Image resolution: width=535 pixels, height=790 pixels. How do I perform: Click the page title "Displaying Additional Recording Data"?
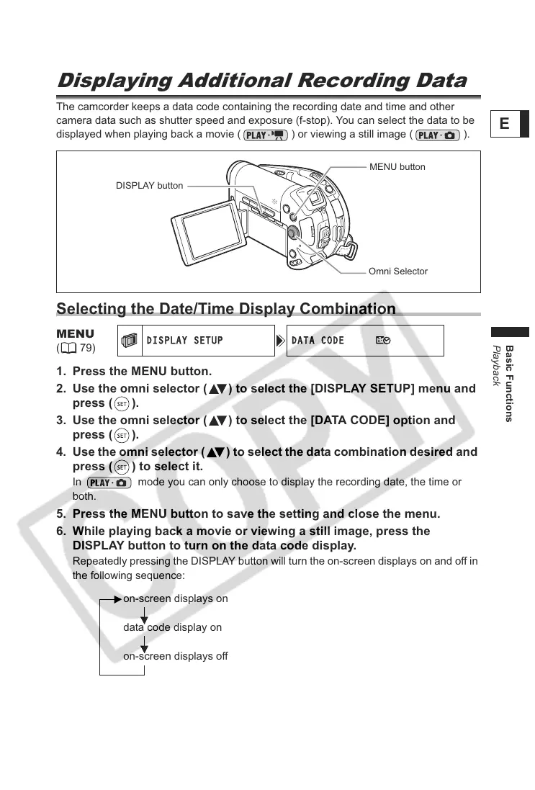(x=261, y=81)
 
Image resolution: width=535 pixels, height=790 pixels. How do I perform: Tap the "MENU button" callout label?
(x=397, y=167)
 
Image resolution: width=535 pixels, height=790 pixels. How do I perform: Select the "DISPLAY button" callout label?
(x=149, y=186)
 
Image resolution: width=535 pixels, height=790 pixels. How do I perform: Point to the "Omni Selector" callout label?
(x=397, y=271)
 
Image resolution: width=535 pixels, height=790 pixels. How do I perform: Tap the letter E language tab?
(x=504, y=124)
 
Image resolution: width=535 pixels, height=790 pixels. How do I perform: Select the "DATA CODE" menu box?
(x=365, y=341)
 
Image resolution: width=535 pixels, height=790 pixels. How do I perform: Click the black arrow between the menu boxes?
(x=280, y=341)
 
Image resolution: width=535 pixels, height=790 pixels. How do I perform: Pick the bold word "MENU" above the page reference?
(x=75, y=334)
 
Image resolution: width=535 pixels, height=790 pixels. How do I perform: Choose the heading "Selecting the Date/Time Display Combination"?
(x=226, y=309)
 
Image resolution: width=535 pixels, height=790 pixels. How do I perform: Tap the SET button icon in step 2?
(x=122, y=403)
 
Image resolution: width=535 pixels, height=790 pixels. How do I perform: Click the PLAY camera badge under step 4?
(x=109, y=482)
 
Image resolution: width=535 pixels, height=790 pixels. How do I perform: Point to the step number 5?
(x=61, y=514)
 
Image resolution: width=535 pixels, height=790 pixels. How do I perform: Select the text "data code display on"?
(x=172, y=627)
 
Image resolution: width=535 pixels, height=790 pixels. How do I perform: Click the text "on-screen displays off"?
(x=175, y=657)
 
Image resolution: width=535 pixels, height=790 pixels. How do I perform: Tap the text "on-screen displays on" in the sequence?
(x=175, y=598)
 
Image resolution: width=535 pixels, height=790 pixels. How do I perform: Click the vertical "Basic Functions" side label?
(x=509, y=382)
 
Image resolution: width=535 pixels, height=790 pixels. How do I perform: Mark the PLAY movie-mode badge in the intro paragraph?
(x=265, y=135)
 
